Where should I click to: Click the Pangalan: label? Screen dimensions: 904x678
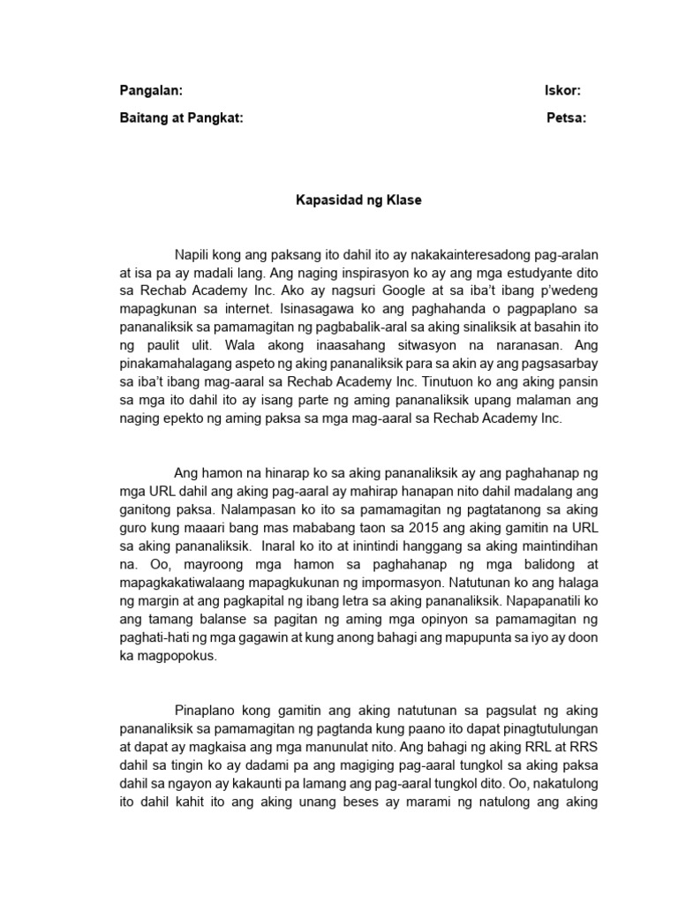coord(151,91)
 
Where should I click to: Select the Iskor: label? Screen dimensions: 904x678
coord(561,91)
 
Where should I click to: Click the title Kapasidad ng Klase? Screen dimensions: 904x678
coord(358,200)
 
